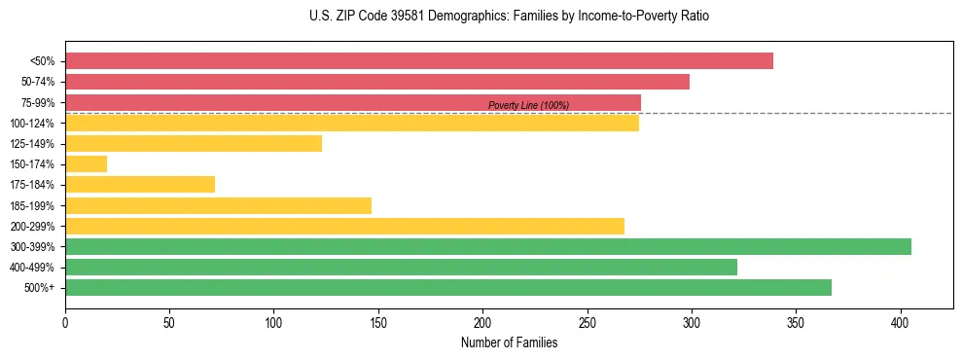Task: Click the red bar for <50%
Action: coord(418,61)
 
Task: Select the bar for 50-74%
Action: coord(376,82)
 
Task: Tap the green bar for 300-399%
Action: coord(487,246)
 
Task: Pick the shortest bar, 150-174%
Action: coord(86,164)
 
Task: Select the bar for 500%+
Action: coord(447,287)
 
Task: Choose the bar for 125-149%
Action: coord(193,144)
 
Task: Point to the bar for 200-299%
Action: coord(344,226)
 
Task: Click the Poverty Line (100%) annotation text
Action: coord(528,105)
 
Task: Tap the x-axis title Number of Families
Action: coord(509,342)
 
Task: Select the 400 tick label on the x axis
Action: coord(901,321)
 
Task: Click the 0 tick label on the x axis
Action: coord(65,321)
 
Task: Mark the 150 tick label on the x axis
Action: coord(378,321)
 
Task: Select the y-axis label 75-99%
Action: coord(40,103)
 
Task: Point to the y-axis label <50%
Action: coord(44,61)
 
